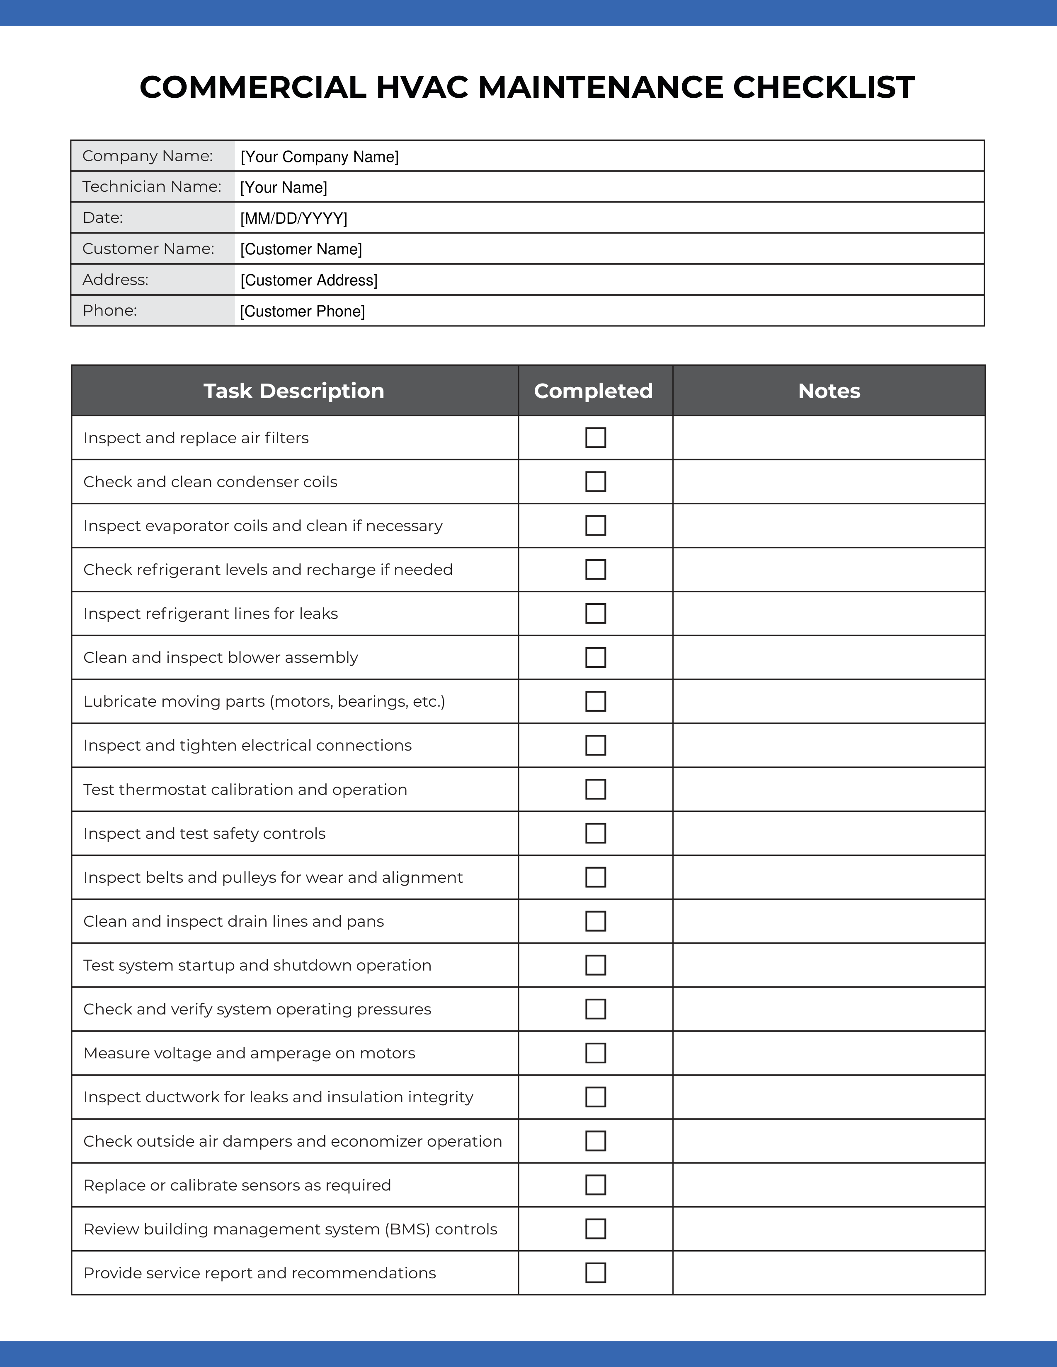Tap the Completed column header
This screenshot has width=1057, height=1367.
click(x=593, y=391)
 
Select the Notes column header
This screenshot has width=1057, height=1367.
click(x=829, y=391)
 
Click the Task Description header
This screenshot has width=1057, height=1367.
click(x=294, y=391)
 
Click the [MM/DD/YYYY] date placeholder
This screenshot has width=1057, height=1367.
click(x=294, y=218)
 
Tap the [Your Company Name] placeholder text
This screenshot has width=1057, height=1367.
click(x=319, y=157)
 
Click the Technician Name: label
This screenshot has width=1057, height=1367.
click(x=152, y=186)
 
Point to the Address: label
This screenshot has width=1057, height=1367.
click(x=115, y=280)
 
